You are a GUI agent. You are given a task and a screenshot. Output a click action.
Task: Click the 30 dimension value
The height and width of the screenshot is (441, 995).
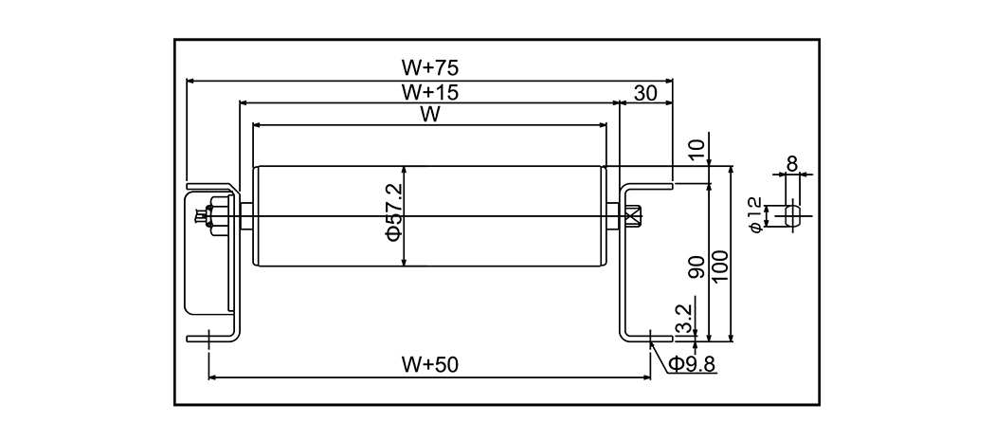tap(645, 92)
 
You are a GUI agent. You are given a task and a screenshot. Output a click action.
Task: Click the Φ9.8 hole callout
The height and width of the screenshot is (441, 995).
tap(692, 363)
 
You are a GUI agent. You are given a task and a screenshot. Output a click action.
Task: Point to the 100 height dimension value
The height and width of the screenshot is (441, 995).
tap(719, 268)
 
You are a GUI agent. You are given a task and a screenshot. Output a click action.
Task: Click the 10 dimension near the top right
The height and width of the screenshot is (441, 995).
tap(697, 150)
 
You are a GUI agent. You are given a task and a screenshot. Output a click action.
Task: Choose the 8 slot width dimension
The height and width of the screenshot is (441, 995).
tap(792, 162)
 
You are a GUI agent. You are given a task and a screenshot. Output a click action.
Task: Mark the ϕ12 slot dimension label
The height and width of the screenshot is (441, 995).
tap(755, 214)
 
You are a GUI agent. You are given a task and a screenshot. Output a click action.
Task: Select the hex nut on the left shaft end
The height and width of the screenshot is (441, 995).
tap(214, 216)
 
